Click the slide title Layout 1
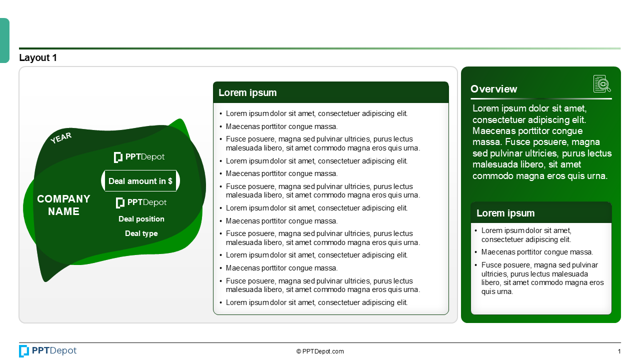coord(38,58)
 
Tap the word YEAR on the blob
coord(61,138)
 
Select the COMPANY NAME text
coord(63,205)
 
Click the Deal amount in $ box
coord(140,181)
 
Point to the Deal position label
coord(141,219)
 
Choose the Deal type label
coord(141,233)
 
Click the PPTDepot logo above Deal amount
coord(139,157)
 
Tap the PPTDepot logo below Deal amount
coord(141,202)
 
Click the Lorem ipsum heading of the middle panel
coord(247,92)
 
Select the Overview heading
coord(494,89)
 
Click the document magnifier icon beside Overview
coord(602,84)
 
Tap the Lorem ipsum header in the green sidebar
coord(505,213)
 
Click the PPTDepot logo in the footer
coord(48,351)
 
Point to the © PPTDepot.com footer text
coord(320,351)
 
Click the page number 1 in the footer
coord(619,351)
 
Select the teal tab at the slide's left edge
coord(4,40)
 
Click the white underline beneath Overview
coord(541,99)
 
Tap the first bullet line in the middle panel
coord(316,113)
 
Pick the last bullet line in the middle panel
coord(316,302)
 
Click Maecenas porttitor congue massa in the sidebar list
coord(537,252)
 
